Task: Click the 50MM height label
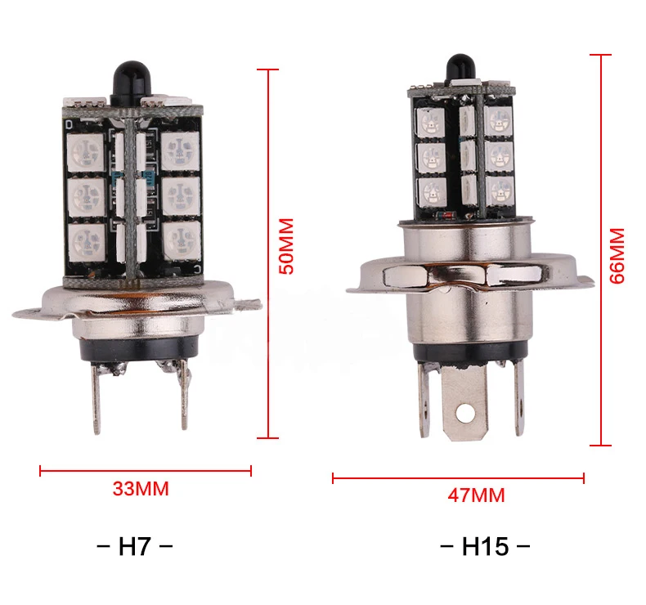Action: click(286, 246)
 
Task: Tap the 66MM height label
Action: click(617, 256)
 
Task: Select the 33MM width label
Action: click(141, 489)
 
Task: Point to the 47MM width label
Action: click(476, 495)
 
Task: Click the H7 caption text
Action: click(135, 546)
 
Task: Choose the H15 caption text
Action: click(485, 546)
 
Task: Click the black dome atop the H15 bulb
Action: click(460, 68)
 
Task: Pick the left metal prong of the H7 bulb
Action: click(96, 397)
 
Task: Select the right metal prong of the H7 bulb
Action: click(184, 395)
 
